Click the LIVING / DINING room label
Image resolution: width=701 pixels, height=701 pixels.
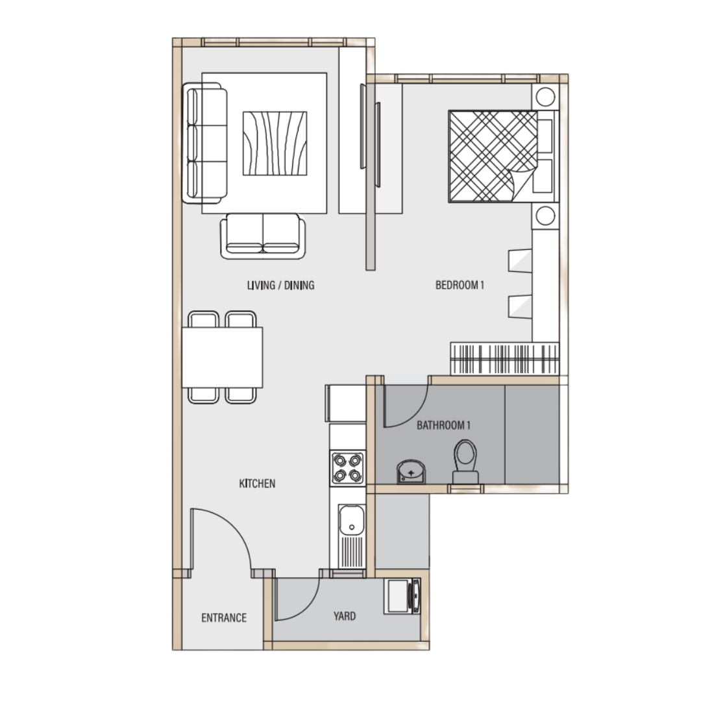tap(281, 285)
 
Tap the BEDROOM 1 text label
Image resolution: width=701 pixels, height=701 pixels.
tap(460, 285)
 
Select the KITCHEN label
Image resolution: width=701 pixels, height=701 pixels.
tap(257, 484)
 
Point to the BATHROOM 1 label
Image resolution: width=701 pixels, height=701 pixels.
tap(443, 425)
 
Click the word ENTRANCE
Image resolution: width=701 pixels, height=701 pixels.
tap(224, 618)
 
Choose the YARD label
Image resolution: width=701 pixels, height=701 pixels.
tap(345, 616)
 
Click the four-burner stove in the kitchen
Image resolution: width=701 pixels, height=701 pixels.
tap(348, 468)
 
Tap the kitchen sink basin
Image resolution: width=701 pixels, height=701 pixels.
tap(351, 519)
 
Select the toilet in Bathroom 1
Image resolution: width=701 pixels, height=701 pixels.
tap(465, 461)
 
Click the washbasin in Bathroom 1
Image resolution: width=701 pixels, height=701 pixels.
tap(411, 472)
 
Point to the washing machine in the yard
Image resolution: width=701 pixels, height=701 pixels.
tap(402, 596)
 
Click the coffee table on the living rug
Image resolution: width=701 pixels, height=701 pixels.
tap(275, 143)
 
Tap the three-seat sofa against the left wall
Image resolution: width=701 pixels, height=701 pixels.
tap(204, 143)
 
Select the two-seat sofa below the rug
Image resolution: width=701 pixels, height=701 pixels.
tap(263, 236)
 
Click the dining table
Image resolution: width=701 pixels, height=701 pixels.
tap(222, 358)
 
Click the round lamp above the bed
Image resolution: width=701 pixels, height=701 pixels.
tap(545, 97)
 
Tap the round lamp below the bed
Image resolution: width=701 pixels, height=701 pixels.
tap(545, 216)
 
